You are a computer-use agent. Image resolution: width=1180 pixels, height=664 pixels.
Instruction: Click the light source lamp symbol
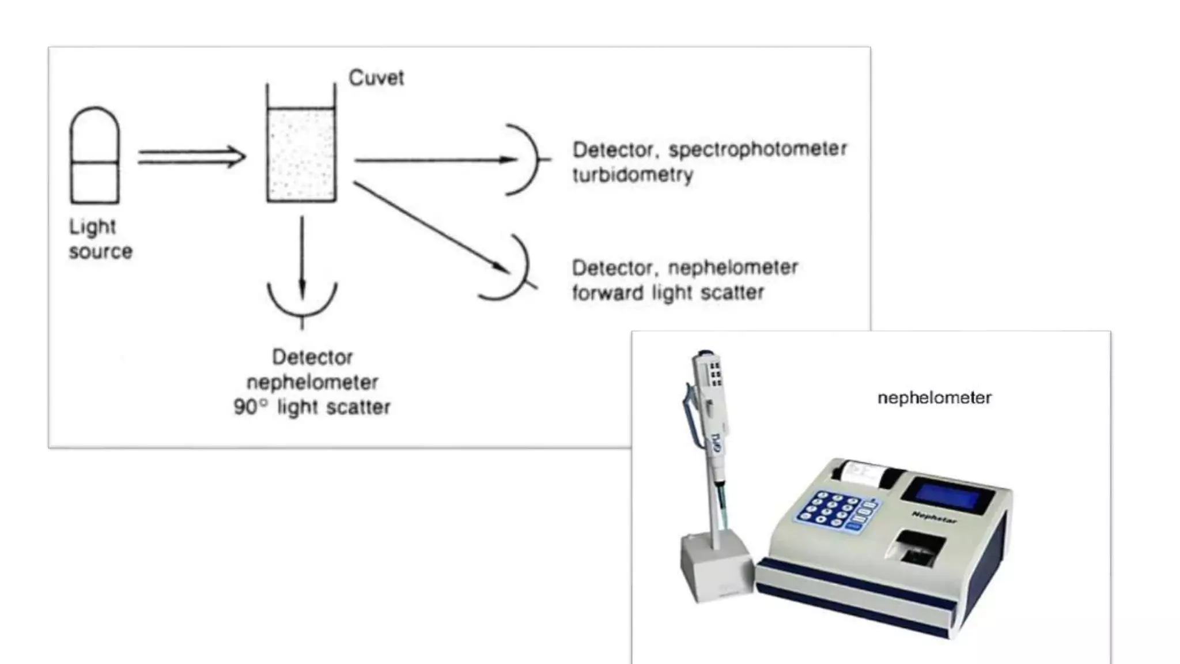(94, 156)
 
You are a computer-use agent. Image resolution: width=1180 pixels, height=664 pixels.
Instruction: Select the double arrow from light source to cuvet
(191, 157)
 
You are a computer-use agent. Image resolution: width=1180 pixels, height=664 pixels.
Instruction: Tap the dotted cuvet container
(301, 154)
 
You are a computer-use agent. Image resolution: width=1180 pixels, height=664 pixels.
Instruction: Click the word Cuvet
(376, 78)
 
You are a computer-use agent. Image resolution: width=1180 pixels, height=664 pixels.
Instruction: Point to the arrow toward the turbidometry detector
(435, 160)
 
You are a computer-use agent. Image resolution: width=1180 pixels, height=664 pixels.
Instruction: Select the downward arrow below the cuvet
(302, 254)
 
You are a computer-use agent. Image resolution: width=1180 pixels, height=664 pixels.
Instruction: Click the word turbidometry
(633, 175)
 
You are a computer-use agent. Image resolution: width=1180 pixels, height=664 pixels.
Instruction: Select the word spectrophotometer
(758, 149)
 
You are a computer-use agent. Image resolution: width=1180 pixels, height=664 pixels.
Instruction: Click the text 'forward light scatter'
(668, 293)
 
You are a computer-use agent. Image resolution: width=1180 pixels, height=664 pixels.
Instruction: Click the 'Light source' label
(100, 239)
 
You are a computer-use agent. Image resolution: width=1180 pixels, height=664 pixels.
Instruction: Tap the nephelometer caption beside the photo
(934, 398)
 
